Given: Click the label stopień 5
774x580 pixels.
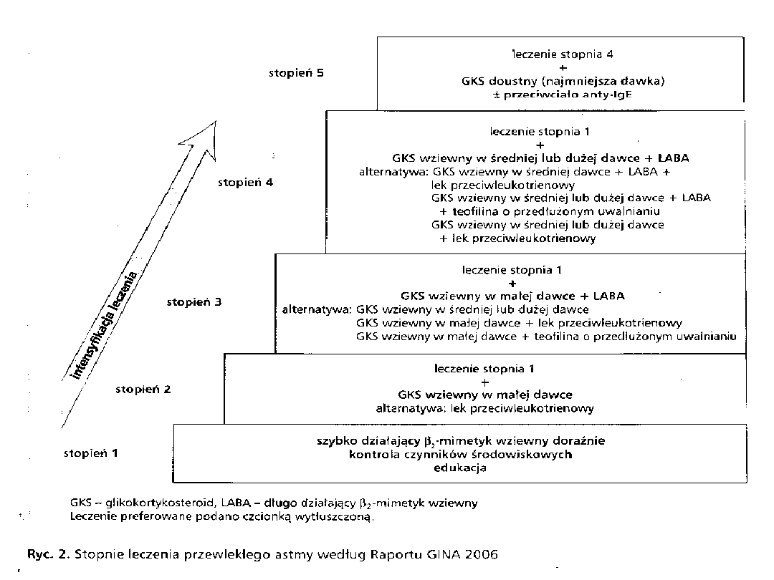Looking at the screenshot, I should click(297, 73).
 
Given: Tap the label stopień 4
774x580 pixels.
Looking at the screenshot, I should click(246, 183).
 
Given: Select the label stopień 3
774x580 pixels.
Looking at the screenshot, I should click(194, 302).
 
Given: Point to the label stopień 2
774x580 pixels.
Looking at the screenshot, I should click(143, 390).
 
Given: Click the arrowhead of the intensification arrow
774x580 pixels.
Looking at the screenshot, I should click(204, 139).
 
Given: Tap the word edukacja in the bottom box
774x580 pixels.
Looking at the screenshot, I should click(460, 468).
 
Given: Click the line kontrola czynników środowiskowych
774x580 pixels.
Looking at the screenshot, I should click(460, 455).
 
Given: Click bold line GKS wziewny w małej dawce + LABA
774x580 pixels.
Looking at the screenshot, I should click(512, 296).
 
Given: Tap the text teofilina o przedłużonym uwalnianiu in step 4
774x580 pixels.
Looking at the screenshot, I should click(555, 211).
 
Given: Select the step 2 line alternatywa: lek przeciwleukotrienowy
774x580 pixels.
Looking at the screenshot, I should click(485, 408).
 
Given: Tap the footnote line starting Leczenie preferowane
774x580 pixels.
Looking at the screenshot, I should click(222, 516).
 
